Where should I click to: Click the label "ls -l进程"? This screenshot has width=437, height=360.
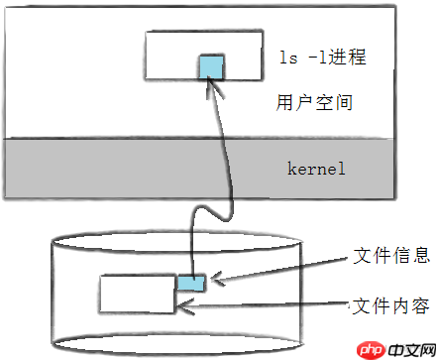323,57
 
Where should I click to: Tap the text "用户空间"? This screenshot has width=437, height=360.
314,102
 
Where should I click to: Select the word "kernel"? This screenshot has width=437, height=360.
316,169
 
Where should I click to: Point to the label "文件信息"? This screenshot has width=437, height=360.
391,255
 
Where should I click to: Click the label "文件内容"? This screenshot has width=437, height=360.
390,305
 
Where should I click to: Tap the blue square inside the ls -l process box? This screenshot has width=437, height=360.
211,67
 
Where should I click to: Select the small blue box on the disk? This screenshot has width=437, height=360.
191,283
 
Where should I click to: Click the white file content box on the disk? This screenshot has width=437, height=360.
137,294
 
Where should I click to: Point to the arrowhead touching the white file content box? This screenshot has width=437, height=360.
185,306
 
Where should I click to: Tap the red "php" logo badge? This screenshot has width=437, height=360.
372,350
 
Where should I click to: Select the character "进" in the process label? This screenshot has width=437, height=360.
338,57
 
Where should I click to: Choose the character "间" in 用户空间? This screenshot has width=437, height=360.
344,102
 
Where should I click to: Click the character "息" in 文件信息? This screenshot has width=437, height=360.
420,255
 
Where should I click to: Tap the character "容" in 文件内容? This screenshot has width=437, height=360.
420,305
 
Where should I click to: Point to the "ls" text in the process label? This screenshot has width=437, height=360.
288,57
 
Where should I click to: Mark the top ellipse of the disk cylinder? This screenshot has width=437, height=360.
177,241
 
